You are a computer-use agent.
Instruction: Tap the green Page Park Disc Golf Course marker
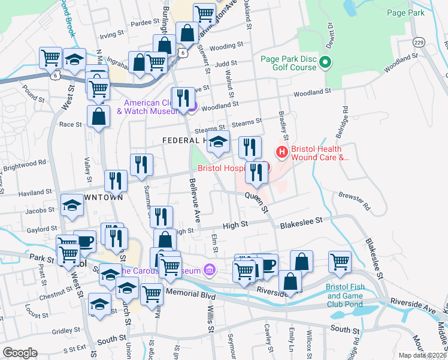pos(325,62)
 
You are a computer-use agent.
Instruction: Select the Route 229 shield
pos(419,43)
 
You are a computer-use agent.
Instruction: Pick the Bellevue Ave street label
pos(194,197)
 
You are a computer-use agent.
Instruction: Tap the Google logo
pos(20,352)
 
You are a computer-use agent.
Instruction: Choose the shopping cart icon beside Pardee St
pos(204,13)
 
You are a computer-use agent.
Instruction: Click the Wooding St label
pos(226,45)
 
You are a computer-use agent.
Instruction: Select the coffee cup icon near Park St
pos(84,241)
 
